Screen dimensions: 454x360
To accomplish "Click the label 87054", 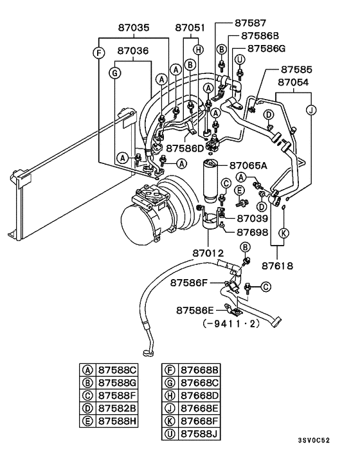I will click(x=294, y=82).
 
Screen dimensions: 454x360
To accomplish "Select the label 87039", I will click(x=251, y=219).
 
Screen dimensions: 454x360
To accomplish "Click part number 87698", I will click(x=251, y=232).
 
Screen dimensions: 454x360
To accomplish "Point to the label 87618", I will click(x=278, y=264).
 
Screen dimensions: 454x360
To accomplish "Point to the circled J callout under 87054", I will click(x=311, y=109).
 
